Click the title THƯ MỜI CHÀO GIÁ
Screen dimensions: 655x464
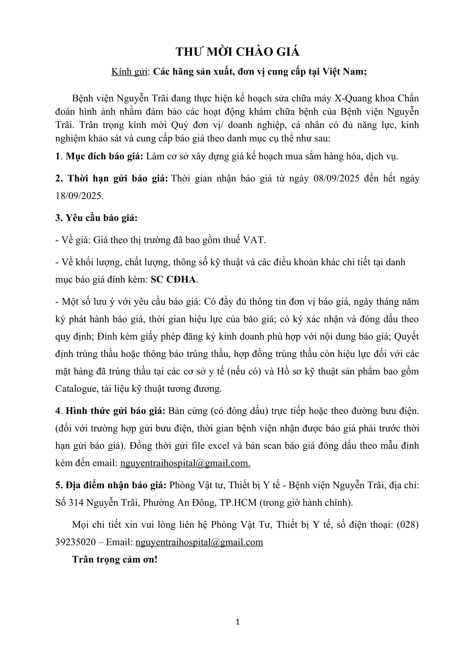pyautogui.click(x=237, y=52)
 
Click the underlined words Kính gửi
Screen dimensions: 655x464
pyautogui.click(x=129, y=72)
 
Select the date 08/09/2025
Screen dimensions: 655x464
pyautogui.click(x=336, y=178)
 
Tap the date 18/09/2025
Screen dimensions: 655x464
pyautogui.click(x=79, y=196)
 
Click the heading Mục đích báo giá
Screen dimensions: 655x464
pyautogui.click(x=104, y=156)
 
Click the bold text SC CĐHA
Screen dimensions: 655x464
pyautogui.click(x=173, y=279)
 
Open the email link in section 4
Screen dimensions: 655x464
pyautogui.click(x=185, y=463)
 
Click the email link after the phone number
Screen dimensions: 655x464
pyautogui.click(x=199, y=542)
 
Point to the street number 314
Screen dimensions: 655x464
pyautogui.click(x=76, y=502)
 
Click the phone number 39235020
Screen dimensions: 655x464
pyautogui.click(x=75, y=542)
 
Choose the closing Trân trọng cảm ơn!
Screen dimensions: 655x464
pyautogui.click(x=115, y=560)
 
